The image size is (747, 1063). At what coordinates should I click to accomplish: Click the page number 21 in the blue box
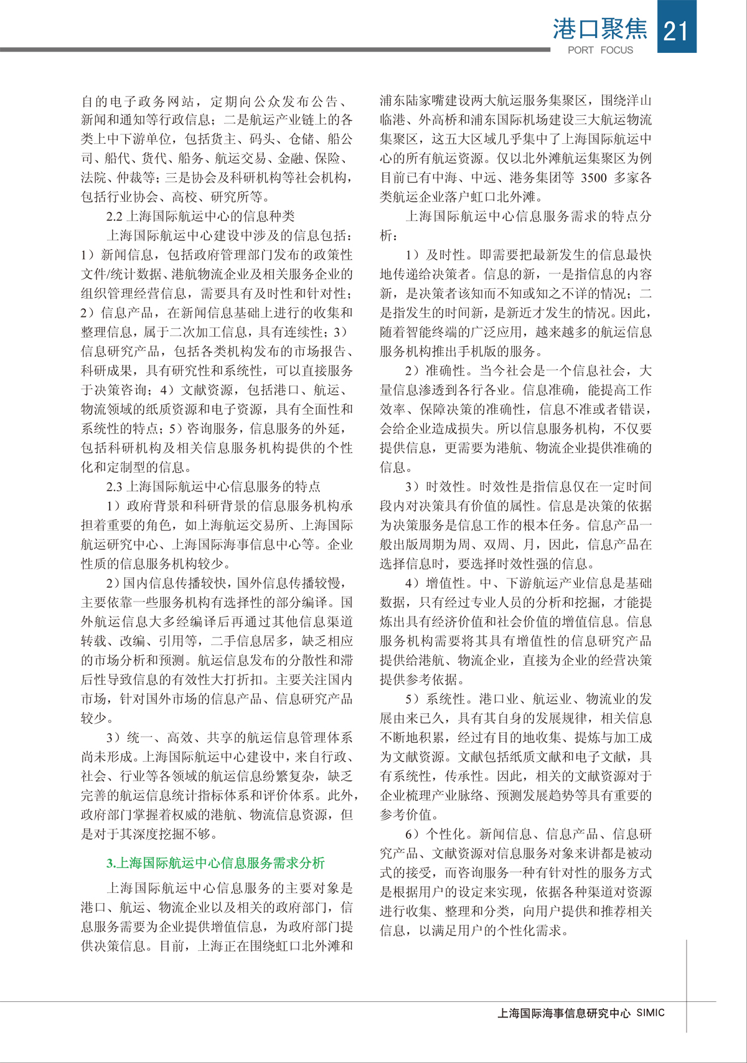tap(676, 30)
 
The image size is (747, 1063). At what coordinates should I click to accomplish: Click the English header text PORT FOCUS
tap(600, 50)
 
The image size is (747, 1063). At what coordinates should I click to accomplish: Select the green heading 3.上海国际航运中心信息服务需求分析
tap(215, 863)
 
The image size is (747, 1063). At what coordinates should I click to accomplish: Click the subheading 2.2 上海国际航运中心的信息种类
tap(200, 216)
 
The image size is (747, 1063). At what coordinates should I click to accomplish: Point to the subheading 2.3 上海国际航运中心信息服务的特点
tap(214, 486)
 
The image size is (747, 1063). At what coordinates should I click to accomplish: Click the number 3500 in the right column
tap(597, 177)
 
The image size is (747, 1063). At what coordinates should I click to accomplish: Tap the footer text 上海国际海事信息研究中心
tap(563, 1013)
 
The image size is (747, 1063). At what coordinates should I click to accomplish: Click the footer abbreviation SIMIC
tap(651, 1013)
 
